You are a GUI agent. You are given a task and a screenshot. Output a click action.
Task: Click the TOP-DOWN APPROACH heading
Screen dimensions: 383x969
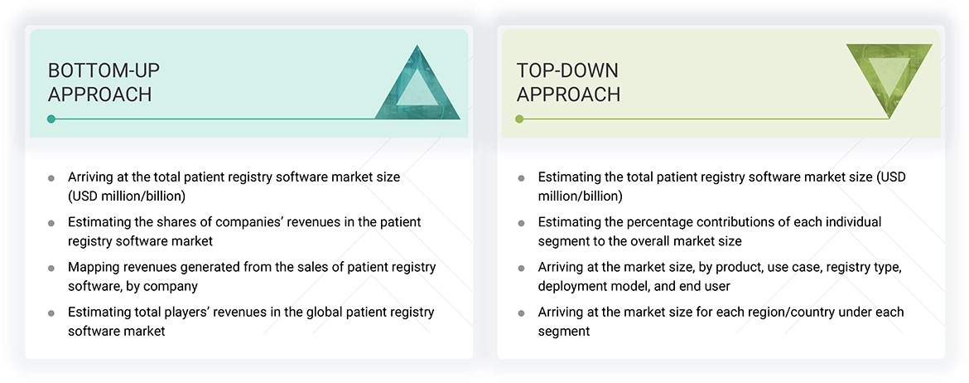(x=568, y=82)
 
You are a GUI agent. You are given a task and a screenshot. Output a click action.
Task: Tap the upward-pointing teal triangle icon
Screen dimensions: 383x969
(x=417, y=86)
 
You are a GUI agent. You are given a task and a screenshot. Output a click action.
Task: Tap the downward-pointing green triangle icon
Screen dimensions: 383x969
(x=889, y=77)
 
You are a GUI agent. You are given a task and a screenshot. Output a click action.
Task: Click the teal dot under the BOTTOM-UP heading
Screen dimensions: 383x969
(x=51, y=119)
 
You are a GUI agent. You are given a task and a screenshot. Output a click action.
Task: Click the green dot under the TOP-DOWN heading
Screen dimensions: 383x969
(x=519, y=119)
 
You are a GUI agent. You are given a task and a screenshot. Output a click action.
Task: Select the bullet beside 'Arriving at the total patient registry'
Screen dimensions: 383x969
(x=51, y=178)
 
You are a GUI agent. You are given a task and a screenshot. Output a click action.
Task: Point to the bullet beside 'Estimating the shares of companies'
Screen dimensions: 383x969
(x=51, y=223)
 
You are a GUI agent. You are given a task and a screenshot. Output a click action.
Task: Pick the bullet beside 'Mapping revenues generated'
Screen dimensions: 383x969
(x=51, y=268)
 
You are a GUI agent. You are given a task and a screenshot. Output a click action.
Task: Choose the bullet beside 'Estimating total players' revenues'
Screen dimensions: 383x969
(x=51, y=313)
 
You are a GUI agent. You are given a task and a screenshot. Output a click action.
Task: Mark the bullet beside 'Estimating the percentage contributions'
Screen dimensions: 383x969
(x=521, y=223)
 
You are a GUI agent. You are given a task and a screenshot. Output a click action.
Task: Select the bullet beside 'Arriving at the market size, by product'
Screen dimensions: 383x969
(x=521, y=268)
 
